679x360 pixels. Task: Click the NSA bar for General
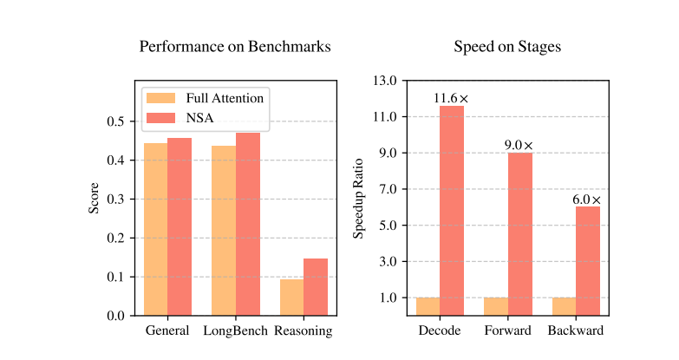coord(180,226)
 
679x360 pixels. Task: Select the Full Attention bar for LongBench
coord(224,231)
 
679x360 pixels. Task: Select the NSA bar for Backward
coord(588,260)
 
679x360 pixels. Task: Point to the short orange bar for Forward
coord(496,306)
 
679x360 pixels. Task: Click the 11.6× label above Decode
coord(451,99)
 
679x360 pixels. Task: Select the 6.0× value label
coord(587,200)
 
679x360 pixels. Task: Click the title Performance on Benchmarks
coord(235,47)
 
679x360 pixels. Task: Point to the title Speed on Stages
coord(507,47)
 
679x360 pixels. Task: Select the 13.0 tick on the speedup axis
coord(382,81)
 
